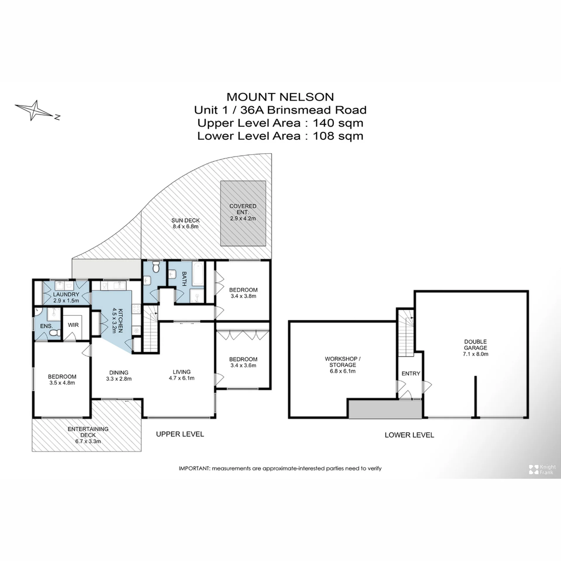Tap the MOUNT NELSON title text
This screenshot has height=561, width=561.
280,97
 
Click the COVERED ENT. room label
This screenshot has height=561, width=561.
243,209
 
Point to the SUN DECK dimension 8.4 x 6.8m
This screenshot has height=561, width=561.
186,226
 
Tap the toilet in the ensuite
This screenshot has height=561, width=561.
55,333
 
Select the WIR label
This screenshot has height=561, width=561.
73,325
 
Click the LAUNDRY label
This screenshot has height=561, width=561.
66,295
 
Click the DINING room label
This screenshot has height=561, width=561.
119,373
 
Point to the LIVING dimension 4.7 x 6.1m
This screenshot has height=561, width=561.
181,378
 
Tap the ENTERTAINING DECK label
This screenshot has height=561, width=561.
88,432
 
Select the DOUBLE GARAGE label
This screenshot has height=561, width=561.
475,344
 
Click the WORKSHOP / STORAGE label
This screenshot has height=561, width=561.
342,362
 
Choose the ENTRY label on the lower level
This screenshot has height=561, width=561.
411,373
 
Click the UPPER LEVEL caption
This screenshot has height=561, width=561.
180,434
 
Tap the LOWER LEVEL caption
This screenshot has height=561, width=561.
409,435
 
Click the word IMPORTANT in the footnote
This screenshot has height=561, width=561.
194,468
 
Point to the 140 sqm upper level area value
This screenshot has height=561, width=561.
338,123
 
